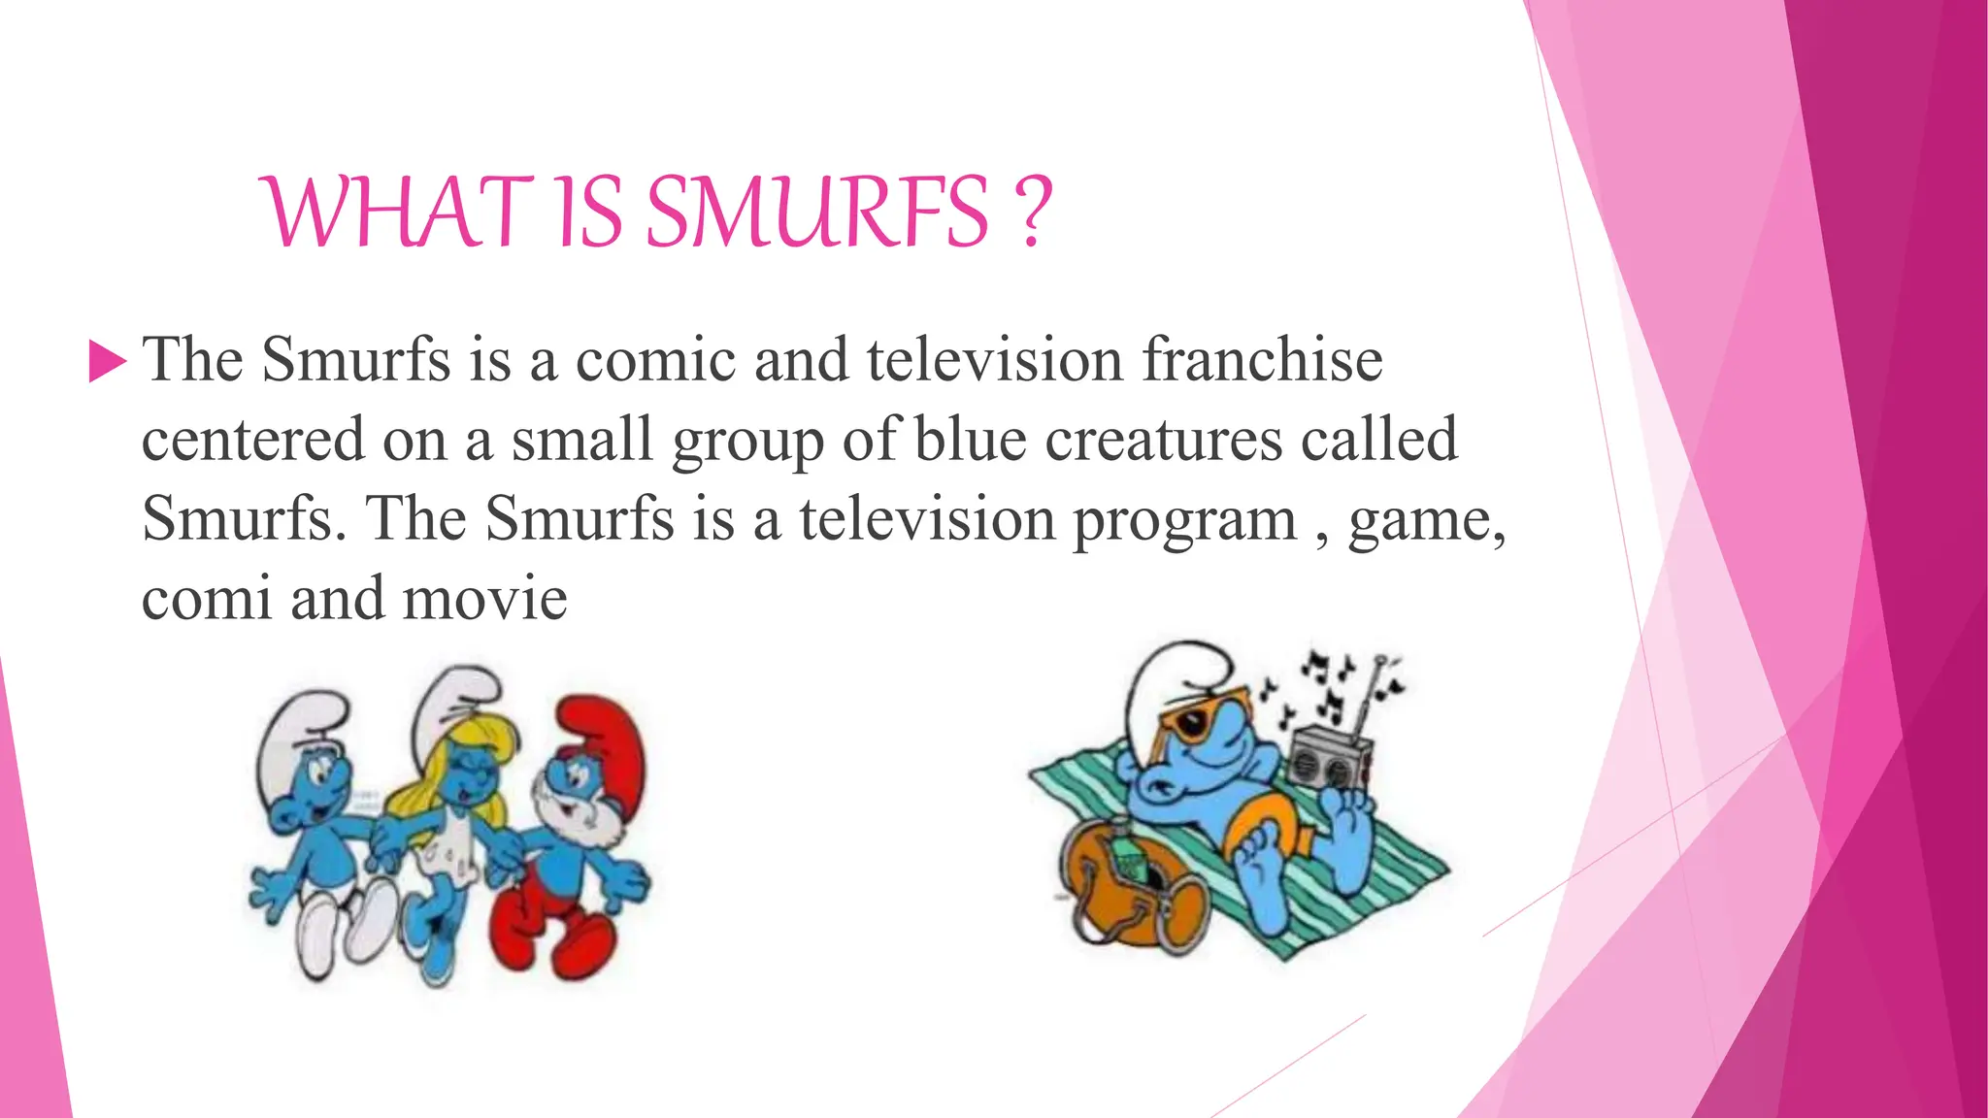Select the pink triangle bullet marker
(x=107, y=361)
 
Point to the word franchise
(x=1261, y=361)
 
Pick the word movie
(x=484, y=599)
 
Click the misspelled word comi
(x=206, y=599)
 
